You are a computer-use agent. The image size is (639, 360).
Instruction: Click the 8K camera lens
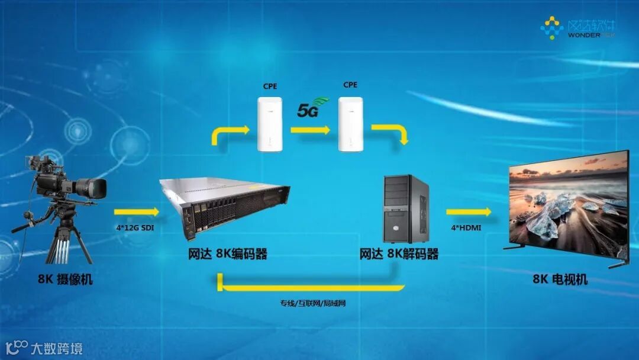tap(93, 188)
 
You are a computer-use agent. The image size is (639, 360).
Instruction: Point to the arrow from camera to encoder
tap(136, 211)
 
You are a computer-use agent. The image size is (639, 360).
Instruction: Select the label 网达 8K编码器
tap(227, 255)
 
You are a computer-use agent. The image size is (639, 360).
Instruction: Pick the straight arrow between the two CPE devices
tap(310, 129)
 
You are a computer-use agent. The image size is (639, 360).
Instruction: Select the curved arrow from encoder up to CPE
tap(228, 134)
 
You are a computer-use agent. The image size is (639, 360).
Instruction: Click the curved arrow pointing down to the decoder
tap(390, 133)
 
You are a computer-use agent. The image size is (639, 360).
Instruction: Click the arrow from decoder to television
tap(469, 211)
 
